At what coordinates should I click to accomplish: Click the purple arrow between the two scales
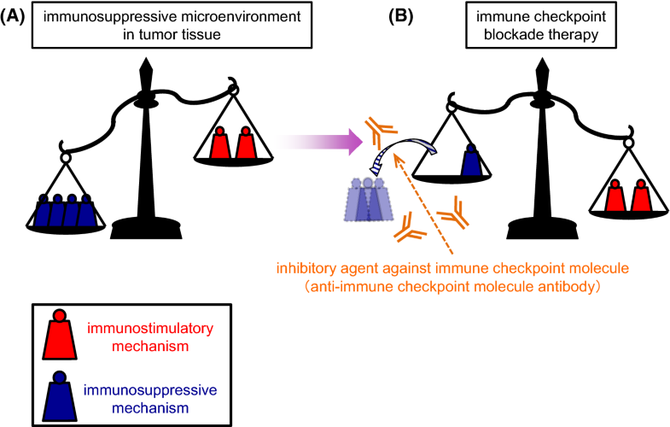[x=321, y=140]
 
